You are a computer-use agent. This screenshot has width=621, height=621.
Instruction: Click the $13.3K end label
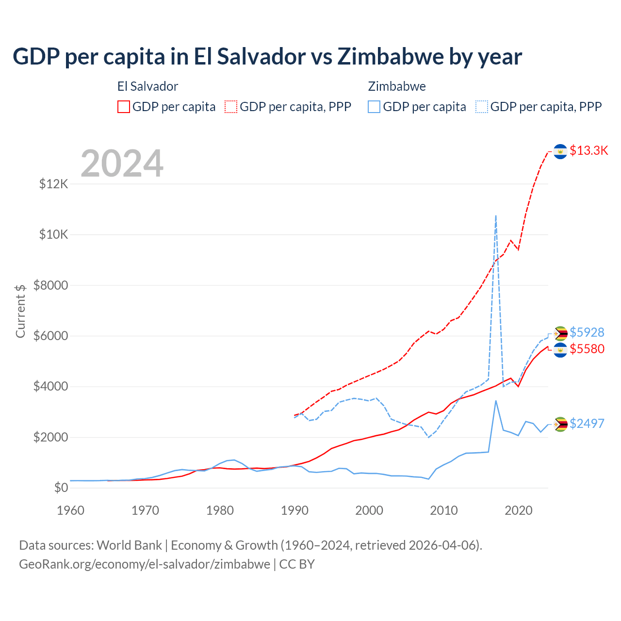coord(588,151)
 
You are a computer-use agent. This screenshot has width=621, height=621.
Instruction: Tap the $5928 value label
coord(587,332)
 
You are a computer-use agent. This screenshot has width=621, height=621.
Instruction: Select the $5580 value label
coord(587,349)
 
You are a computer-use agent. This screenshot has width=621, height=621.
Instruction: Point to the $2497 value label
coord(587,424)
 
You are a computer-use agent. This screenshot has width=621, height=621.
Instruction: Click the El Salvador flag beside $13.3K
coord(560,152)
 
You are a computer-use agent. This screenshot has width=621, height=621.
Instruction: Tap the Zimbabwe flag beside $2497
coord(560,425)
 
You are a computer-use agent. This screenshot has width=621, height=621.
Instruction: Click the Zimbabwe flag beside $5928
coord(560,333)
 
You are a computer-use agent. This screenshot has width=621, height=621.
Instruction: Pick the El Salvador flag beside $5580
coord(560,350)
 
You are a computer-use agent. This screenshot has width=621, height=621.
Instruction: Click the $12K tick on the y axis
coord(54,184)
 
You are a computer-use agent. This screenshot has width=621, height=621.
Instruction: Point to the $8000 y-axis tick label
coord(51,285)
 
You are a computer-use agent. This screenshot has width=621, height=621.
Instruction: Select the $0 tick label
coord(61,488)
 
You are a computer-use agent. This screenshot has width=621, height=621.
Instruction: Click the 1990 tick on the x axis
coord(294,510)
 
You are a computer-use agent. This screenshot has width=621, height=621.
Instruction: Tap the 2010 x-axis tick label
coord(444,510)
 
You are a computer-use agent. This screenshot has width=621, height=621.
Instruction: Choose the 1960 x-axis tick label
coord(71,510)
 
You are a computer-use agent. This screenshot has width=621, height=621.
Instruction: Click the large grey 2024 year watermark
coord(122,163)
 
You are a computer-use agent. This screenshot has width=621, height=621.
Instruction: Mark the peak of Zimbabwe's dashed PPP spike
coord(495,215)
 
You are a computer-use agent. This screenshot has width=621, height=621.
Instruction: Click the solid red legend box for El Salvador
coord(124,107)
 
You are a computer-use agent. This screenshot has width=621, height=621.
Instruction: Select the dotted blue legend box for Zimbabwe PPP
coord(482,107)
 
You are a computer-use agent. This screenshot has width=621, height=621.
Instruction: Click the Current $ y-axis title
coord(20,311)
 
